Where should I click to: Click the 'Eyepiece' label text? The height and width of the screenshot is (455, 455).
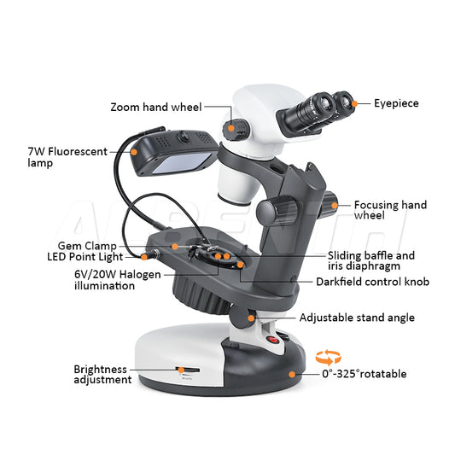coord(396,103)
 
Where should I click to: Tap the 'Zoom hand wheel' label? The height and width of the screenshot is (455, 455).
coord(156,108)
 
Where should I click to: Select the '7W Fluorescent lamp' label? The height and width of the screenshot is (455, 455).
coord(67,157)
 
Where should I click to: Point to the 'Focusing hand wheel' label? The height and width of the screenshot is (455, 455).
coord(390,210)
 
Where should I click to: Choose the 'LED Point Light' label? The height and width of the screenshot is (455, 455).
coord(85,256)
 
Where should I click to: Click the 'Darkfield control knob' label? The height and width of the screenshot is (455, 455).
coord(372,282)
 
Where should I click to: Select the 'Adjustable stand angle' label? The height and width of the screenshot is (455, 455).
coord(357,318)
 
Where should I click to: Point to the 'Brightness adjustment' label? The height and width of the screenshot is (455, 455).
coord(102,375)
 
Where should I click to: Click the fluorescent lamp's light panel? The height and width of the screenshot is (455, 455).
coord(181,163)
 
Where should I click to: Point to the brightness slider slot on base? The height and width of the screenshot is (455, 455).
coord(182,370)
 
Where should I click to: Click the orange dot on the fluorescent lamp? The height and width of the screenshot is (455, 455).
coord(134,151)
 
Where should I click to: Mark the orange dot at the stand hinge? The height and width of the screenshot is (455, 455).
coord(252,318)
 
